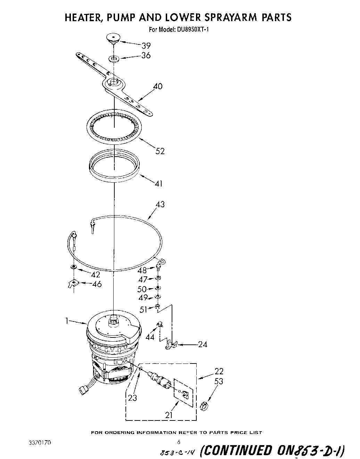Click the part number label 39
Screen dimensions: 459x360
[x=146, y=45]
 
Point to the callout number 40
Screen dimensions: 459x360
[x=158, y=86]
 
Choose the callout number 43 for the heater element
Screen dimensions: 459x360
[x=160, y=205]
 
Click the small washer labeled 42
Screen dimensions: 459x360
[x=73, y=267]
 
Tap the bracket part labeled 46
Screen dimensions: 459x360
[x=73, y=284]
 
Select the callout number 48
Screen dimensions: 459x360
[x=142, y=270]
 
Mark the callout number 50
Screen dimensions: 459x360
[x=142, y=289]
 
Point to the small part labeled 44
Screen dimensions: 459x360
[x=160, y=325]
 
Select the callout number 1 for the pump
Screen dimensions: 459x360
[x=66, y=322]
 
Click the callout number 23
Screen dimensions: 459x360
[x=132, y=398]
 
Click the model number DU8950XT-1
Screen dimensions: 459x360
[x=191, y=30]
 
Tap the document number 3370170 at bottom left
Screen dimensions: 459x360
[x=40, y=443]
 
